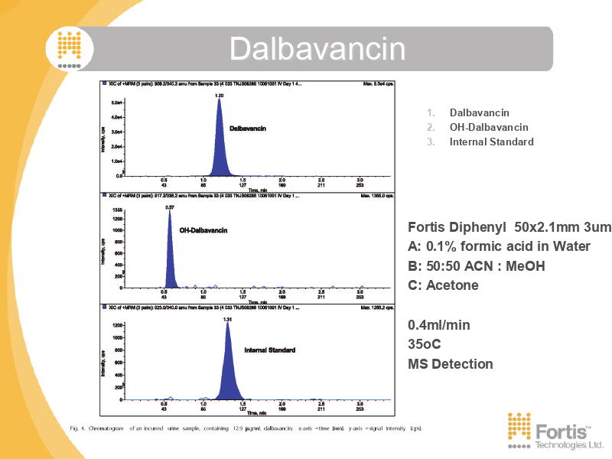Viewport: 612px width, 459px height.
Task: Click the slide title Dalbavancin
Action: click(x=317, y=49)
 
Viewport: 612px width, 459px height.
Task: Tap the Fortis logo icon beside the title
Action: click(x=69, y=47)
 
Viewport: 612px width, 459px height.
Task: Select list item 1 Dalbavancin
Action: click(x=479, y=112)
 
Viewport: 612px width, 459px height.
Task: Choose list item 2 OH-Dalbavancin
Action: click(x=488, y=127)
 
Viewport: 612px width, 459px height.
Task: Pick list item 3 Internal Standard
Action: click(x=491, y=142)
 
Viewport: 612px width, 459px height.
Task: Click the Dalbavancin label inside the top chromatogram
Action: click(x=248, y=129)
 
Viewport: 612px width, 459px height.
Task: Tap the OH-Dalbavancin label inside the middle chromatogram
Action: click(x=204, y=229)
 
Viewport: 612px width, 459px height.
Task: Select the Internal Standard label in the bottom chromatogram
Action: click(x=269, y=350)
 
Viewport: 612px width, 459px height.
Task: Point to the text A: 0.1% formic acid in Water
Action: click(x=499, y=246)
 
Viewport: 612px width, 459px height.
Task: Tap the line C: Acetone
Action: click(x=443, y=285)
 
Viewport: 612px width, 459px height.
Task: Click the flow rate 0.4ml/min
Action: click(x=439, y=325)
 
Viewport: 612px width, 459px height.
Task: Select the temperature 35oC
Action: click(x=425, y=344)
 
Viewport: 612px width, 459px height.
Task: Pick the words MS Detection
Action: click(x=451, y=364)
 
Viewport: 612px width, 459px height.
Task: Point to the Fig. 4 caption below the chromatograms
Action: click(x=246, y=428)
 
